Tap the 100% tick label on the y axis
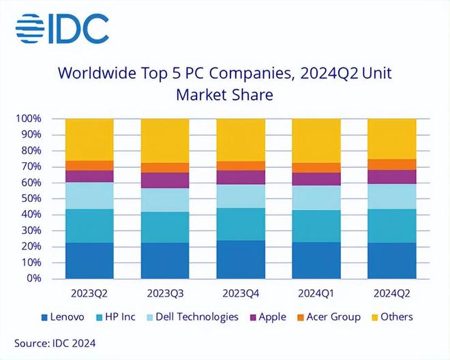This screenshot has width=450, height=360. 29,119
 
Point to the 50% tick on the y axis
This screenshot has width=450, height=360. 31,198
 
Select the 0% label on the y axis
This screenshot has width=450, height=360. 34,278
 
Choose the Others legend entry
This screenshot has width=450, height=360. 391,316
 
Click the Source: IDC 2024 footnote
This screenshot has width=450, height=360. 55,342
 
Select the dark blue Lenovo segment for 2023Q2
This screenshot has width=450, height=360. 89,260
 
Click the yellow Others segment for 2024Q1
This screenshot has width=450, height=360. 316,140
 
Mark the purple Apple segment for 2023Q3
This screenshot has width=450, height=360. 165,180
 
